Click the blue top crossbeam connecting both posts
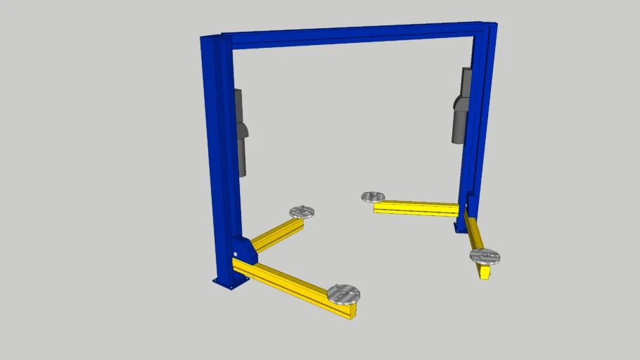[352, 34]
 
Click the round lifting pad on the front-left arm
[343, 292]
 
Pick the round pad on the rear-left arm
[302, 212]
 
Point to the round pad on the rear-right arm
[373, 197]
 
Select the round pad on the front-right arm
[485, 256]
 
